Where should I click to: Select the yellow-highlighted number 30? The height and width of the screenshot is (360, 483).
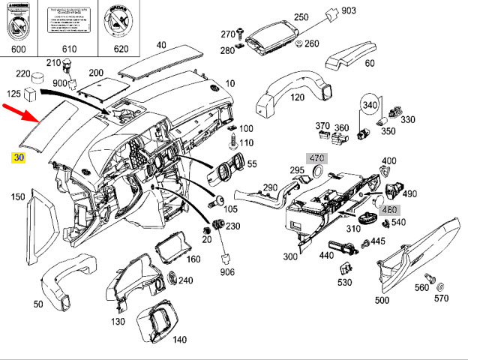19,157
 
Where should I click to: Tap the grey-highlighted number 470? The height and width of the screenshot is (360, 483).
317,158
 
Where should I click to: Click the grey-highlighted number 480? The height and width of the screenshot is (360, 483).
389,209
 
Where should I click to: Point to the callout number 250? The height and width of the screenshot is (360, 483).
301,17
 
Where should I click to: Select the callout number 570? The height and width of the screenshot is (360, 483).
440,298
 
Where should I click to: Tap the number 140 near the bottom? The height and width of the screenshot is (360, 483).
179,339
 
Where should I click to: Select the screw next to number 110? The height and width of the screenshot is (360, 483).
233,139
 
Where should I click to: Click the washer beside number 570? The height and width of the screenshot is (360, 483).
440,286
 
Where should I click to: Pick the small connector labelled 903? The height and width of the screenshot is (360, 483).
331,16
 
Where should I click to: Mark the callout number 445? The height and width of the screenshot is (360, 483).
378,241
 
